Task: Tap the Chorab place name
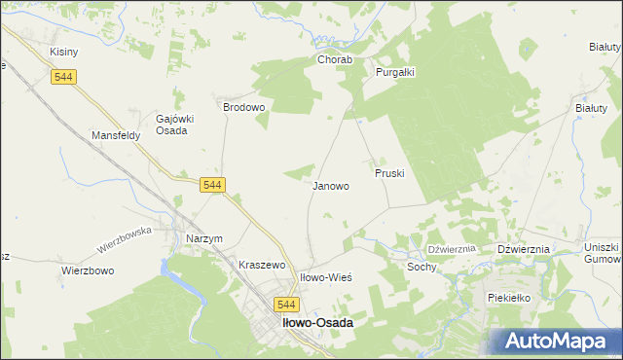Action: pyautogui.click(x=333, y=59)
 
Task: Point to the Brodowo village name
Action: pyautogui.click(x=244, y=107)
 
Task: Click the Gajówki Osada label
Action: pyautogui.click(x=176, y=126)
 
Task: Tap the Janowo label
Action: pyautogui.click(x=331, y=185)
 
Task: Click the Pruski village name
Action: pyautogui.click(x=389, y=172)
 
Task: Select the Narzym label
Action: pyautogui.click(x=204, y=238)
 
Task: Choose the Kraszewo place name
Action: pyautogui.click(x=261, y=265)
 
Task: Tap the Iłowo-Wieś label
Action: pyautogui.click(x=325, y=277)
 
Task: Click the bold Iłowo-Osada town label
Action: pyautogui.click(x=316, y=322)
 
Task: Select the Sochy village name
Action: pyautogui.click(x=421, y=266)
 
